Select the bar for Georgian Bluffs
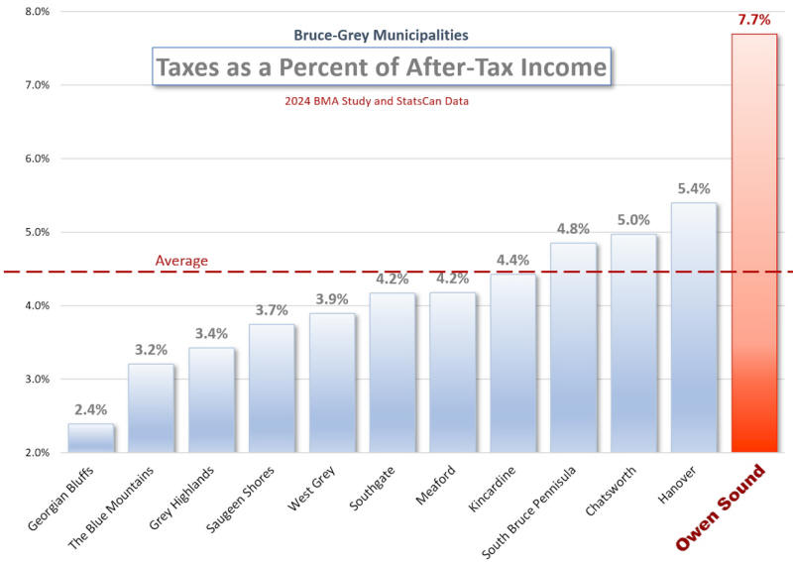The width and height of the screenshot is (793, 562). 90,438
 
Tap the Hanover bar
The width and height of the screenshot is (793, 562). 694,327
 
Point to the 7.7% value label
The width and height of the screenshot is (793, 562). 754,19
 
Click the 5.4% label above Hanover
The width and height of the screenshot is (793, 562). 694,188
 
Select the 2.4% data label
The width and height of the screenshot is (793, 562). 90,409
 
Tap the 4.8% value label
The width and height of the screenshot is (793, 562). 573,228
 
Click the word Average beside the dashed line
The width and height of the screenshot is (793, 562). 181,261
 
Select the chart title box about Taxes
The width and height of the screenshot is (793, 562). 381,67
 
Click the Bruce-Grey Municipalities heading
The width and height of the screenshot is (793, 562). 381,35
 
